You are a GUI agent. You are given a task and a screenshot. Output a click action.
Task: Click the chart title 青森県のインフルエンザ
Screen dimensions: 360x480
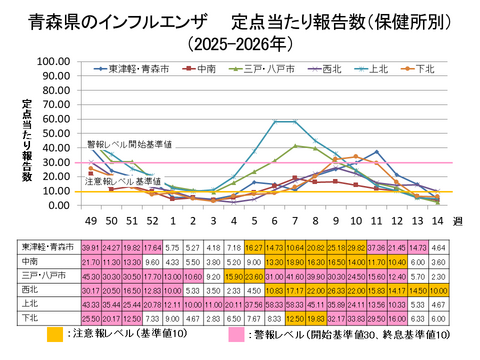coord(120,20)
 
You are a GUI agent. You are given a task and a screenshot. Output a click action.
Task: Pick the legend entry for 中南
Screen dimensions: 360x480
coord(206,69)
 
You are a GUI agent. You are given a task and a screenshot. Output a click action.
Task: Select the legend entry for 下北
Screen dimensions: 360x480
coord(427,69)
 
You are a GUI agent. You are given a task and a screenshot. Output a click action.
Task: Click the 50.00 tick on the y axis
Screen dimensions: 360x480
coord(51,133)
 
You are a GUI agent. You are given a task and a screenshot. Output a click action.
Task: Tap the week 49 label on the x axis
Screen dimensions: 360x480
coord(91,220)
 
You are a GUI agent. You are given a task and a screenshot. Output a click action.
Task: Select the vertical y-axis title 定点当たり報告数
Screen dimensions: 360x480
coord(28,140)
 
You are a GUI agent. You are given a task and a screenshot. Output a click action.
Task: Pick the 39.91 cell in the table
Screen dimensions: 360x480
coord(90,245)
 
